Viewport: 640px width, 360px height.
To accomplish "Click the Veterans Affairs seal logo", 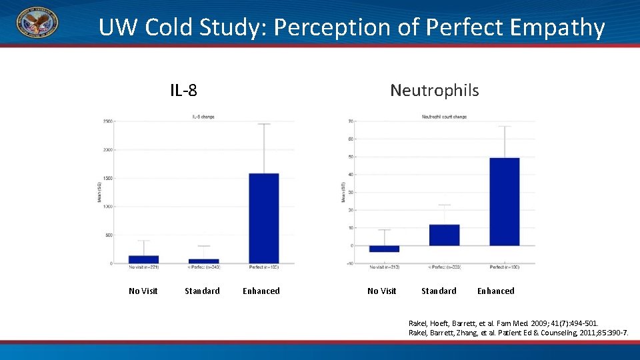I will click(37, 23).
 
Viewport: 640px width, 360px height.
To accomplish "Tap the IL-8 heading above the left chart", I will click(183, 90).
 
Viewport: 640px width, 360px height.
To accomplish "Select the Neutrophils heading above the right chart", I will click(434, 90).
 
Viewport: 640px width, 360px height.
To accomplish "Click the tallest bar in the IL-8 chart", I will click(263, 218).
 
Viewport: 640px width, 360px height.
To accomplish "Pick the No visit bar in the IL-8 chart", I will click(143, 259).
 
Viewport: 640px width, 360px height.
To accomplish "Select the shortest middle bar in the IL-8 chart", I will click(203, 261).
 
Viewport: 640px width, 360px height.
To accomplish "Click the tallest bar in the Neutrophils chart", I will click(504, 201).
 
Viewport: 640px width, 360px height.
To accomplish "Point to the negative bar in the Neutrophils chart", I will click(384, 249).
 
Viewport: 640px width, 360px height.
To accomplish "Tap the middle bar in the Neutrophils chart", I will click(444, 235).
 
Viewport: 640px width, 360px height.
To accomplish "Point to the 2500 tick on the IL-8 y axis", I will click(107, 121).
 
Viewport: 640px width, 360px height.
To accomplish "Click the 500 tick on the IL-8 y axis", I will click(108, 235).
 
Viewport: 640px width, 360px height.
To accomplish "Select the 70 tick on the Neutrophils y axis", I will click(350, 121).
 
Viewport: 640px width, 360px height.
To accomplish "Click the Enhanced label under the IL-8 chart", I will click(261, 291).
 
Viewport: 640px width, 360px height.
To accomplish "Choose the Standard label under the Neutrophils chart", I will click(439, 291).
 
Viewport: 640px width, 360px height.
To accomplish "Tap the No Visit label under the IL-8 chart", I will click(143, 291).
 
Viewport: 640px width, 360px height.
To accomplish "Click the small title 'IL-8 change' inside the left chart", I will click(203, 116).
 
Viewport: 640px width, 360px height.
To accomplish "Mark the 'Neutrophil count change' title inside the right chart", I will click(444, 116).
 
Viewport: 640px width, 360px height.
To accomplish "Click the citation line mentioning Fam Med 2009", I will click(508, 323).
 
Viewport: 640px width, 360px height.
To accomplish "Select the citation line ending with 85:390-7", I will click(518, 332).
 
